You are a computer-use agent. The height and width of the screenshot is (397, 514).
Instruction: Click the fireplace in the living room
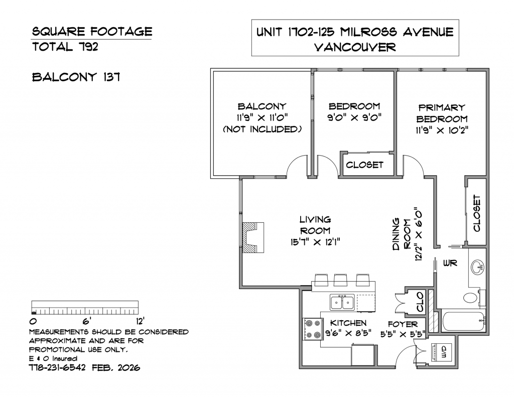click(x=253, y=237)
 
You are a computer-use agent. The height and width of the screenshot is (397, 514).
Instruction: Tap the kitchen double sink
click(x=342, y=302)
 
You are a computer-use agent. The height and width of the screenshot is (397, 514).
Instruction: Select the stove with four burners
click(x=312, y=329)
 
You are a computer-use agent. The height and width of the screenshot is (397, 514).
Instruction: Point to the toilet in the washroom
click(x=473, y=298)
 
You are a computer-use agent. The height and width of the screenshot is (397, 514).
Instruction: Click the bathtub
click(x=464, y=321)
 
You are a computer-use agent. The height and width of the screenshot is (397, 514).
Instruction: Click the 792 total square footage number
click(x=88, y=47)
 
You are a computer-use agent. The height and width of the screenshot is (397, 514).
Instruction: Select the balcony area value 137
click(x=112, y=77)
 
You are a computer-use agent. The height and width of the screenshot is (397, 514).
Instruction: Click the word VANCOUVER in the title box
click(x=355, y=47)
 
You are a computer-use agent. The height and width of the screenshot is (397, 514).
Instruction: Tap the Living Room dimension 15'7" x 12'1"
click(x=315, y=242)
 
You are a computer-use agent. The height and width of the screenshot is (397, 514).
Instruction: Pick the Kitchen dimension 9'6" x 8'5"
click(x=348, y=333)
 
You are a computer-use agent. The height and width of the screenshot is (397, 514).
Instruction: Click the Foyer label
click(x=403, y=324)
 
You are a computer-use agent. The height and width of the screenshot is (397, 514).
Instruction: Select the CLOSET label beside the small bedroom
click(x=364, y=165)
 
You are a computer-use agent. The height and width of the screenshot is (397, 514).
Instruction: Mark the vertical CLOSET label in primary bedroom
click(x=477, y=213)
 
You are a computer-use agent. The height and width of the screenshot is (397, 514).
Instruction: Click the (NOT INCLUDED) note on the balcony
click(x=262, y=129)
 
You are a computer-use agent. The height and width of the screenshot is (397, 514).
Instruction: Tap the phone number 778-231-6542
click(x=57, y=367)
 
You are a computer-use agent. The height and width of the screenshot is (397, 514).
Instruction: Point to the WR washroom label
click(x=450, y=263)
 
